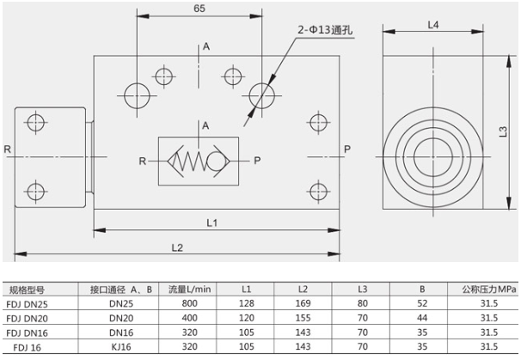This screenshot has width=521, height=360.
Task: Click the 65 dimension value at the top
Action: coord(199,9)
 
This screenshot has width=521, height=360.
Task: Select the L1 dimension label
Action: coord(212,222)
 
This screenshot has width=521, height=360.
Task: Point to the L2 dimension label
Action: coord(177,247)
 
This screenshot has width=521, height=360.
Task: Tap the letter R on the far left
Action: coord(7,149)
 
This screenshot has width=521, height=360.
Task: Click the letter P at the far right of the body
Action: coord(347,149)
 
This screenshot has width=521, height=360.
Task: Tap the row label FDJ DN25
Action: coord(28,303)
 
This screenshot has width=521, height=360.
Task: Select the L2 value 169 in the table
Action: coord(303,303)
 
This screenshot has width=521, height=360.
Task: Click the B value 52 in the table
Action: coord(421,303)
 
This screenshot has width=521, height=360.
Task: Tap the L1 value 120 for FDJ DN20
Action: coord(247,318)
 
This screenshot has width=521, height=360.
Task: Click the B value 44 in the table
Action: coord(421,318)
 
